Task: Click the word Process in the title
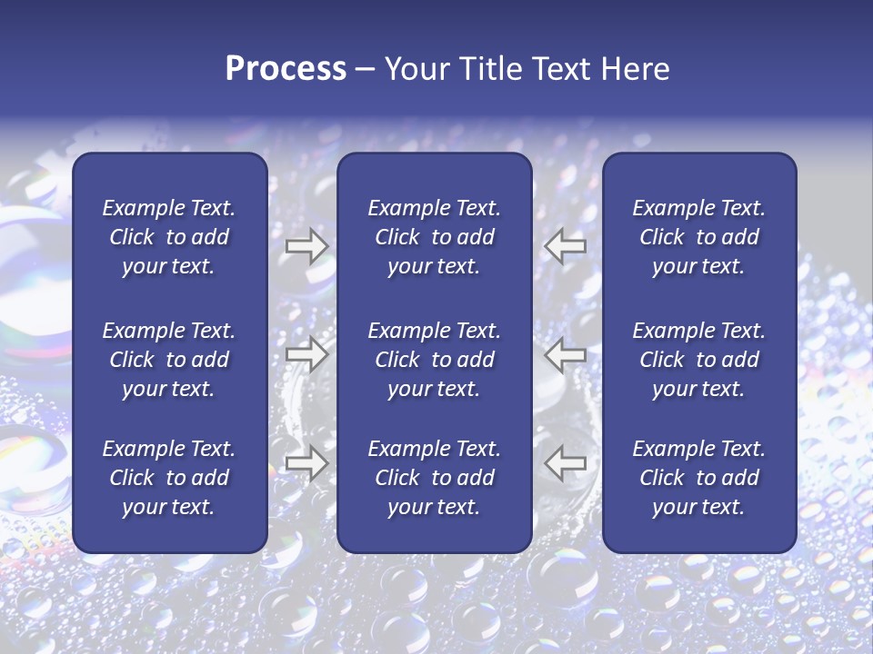(286, 69)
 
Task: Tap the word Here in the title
(636, 69)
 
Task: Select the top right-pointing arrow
(306, 246)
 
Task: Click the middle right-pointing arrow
(306, 354)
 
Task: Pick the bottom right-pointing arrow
(306, 463)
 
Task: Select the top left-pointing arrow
(565, 246)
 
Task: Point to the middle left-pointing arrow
(565, 354)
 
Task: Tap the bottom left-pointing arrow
(565, 463)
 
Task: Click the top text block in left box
(169, 237)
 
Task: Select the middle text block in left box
(169, 360)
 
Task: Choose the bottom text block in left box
(169, 478)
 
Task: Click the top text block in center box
(434, 237)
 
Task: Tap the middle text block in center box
(434, 360)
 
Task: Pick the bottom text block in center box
(434, 478)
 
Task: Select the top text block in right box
(698, 237)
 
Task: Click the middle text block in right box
(698, 360)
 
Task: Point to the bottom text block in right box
(698, 478)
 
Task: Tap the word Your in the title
(416, 69)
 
